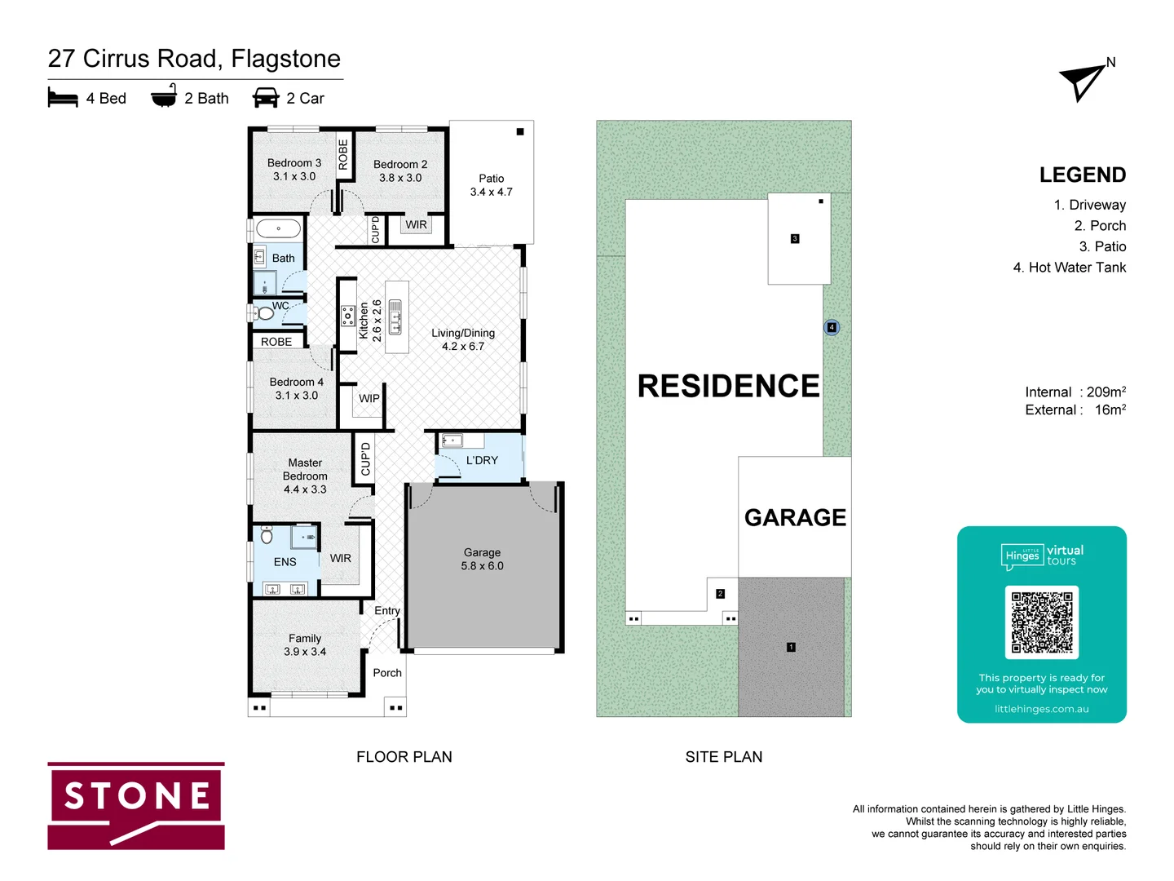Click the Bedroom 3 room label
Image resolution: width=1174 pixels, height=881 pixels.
coord(294,170)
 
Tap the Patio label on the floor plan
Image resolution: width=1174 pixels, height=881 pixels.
coord(491,185)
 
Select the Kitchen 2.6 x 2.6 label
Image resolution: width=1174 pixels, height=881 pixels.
coord(370,321)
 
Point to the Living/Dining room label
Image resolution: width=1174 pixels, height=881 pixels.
coord(463,339)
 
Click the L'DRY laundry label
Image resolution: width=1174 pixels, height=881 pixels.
coord(482,460)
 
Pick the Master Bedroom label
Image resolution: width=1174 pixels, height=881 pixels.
coord(305,476)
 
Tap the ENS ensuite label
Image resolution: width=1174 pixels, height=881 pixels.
coord(285,562)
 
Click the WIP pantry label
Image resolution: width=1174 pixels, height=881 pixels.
coord(369,399)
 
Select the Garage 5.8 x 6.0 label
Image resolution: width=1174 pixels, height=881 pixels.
coord(482,559)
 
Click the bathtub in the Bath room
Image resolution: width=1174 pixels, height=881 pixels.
coord(278,228)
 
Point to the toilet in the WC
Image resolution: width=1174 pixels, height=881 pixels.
coord(264,313)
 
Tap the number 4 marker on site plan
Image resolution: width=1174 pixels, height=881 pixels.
coord(832,327)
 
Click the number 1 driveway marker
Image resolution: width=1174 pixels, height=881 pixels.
coord(791,647)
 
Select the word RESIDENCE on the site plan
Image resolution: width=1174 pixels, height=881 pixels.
coord(728,386)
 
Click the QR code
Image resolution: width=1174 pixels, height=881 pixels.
coord(1041,622)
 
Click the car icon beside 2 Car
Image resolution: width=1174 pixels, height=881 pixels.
coord(266,98)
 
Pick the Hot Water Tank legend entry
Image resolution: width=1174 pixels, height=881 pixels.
coord(1069,268)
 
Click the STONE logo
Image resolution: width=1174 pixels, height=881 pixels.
coord(136,806)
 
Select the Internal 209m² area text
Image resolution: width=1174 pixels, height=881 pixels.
coord(1075,392)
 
